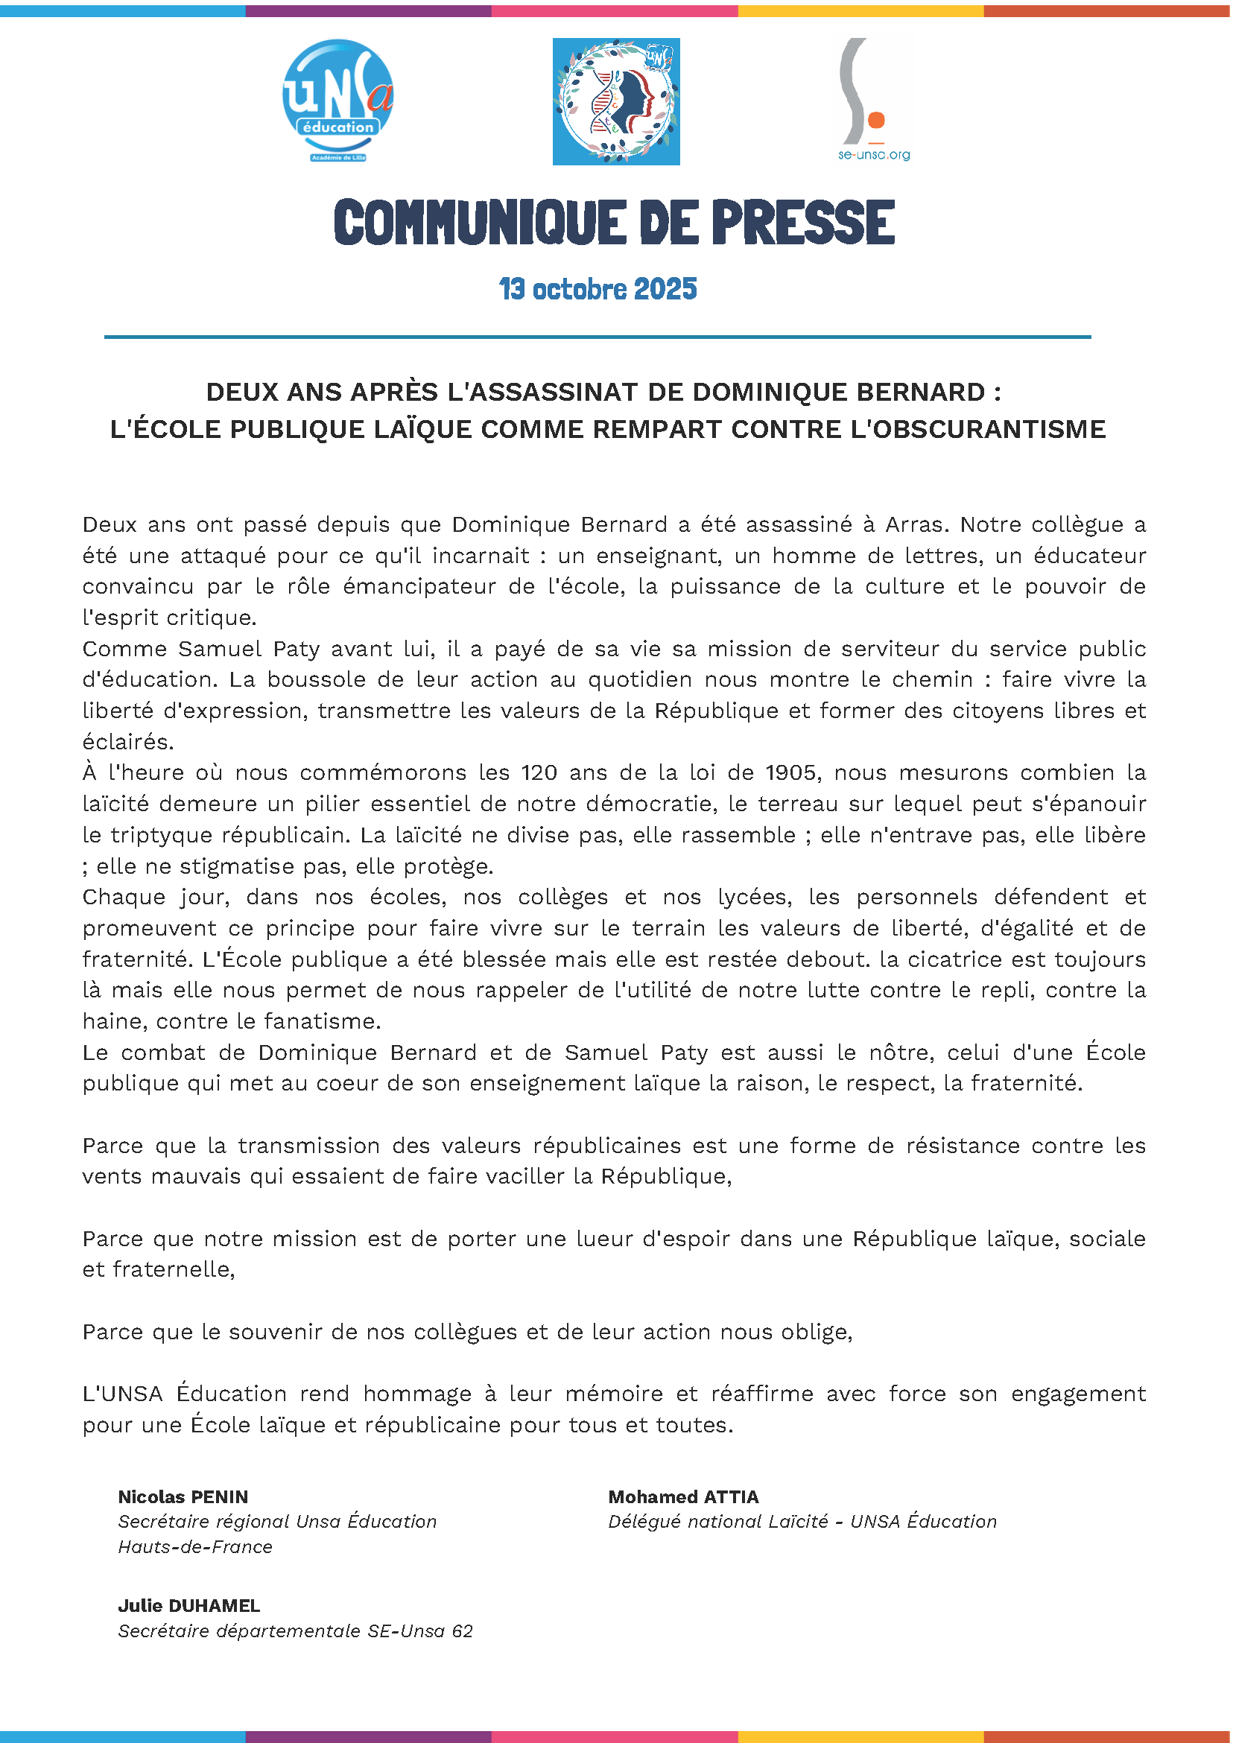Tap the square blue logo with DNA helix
pyautogui.click(x=615, y=101)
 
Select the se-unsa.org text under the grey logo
pyautogui.click(x=874, y=155)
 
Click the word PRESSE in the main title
pyautogui.click(x=802, y=223)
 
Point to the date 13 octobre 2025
pyautogui.click(x=598, y=289)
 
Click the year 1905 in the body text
pyautogui.click(x=790, y=773)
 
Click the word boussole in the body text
pyautogui.click(x=335, y=679)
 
